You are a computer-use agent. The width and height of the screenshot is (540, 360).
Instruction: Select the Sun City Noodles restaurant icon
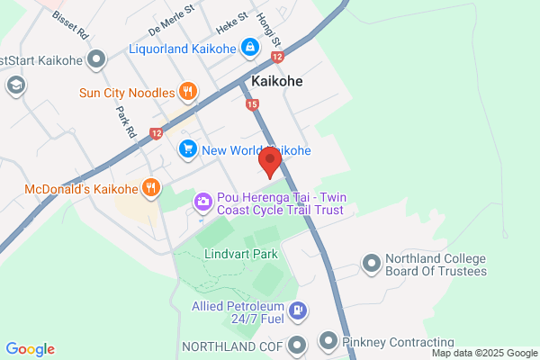tap(187, 90)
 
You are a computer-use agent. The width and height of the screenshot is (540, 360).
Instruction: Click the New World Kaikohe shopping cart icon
tap(188, 149)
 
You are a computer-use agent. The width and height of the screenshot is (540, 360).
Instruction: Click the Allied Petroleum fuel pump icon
tap(300, 311)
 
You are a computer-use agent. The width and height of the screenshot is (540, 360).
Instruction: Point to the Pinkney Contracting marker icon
tap(327, 343)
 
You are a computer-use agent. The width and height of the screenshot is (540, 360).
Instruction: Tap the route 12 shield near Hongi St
tap(277, 57)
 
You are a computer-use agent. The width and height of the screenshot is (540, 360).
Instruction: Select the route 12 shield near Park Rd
tap(157, 133)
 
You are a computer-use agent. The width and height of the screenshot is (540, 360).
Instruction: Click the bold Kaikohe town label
tap(277, 81)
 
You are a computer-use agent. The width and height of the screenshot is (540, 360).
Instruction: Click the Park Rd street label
tap(125, 120)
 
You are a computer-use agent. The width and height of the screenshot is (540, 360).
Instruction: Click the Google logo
tap(30, 349)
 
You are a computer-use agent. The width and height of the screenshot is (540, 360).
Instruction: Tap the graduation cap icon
tap(15, 85)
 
